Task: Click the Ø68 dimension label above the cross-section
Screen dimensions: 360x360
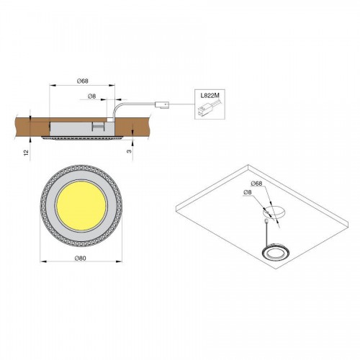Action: click(x=83, y=81)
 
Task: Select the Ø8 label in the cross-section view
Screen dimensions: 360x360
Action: click(x=91, y=96)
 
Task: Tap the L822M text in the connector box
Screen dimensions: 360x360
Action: click(x=210, y=95)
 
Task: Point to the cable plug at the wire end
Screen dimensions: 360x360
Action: click(x=162, y=104)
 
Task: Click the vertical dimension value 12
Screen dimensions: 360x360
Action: click(x=27, y=152)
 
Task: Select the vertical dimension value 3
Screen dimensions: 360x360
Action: click(x=129, y=151)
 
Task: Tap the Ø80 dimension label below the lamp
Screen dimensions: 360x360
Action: click(x=80, y=258)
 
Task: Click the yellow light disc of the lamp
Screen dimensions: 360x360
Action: click(x=81, y=206)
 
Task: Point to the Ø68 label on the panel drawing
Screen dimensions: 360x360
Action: click(x=256, y=184)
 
